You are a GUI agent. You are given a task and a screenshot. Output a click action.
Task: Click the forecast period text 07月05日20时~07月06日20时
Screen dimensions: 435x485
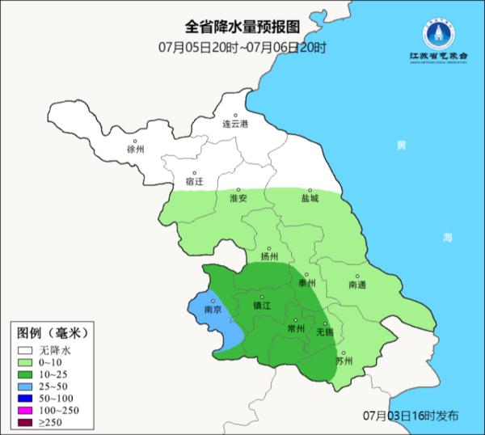click(242, 47)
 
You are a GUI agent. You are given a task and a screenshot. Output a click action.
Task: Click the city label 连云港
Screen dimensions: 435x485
click(236, 124)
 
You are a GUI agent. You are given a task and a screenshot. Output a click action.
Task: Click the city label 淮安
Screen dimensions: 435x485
click(238, 198)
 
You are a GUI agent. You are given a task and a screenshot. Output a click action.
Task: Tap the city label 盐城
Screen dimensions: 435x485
click(310, 198)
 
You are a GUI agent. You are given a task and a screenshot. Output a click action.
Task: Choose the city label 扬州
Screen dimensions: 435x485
click(270, 257)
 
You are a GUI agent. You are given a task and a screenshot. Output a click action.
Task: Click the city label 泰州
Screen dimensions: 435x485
click(306, 283)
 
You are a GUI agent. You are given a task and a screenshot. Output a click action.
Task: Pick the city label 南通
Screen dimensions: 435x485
click(357, 285)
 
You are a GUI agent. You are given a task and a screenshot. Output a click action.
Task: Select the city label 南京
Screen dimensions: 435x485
click(213, 310)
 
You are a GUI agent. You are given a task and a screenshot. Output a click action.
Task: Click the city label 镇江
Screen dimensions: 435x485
click(262, 306)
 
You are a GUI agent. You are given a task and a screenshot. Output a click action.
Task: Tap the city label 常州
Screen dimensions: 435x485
click(296, 330)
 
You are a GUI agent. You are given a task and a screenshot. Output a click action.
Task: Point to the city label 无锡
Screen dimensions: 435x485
click(324, 332)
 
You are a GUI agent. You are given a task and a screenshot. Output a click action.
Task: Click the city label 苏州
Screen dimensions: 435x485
click(344, 361)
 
